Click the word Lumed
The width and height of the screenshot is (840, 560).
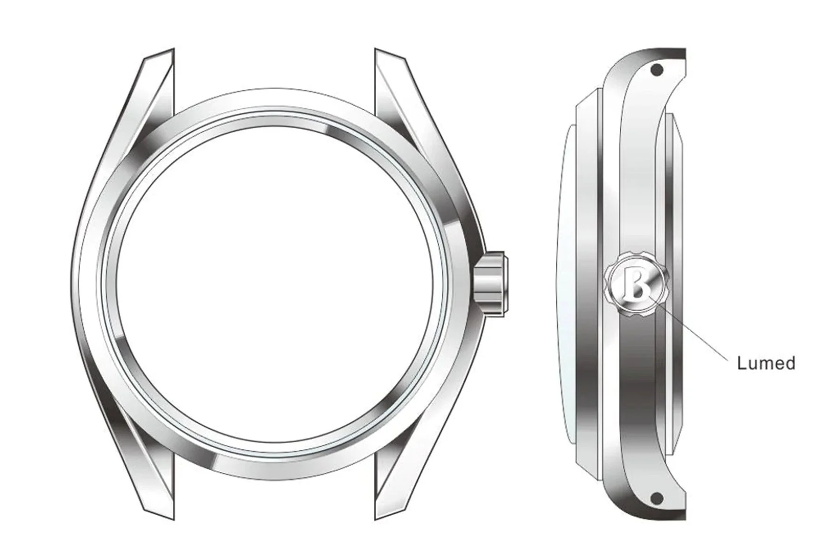pos(766,363)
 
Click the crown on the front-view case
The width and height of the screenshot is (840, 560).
pos(492,284)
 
